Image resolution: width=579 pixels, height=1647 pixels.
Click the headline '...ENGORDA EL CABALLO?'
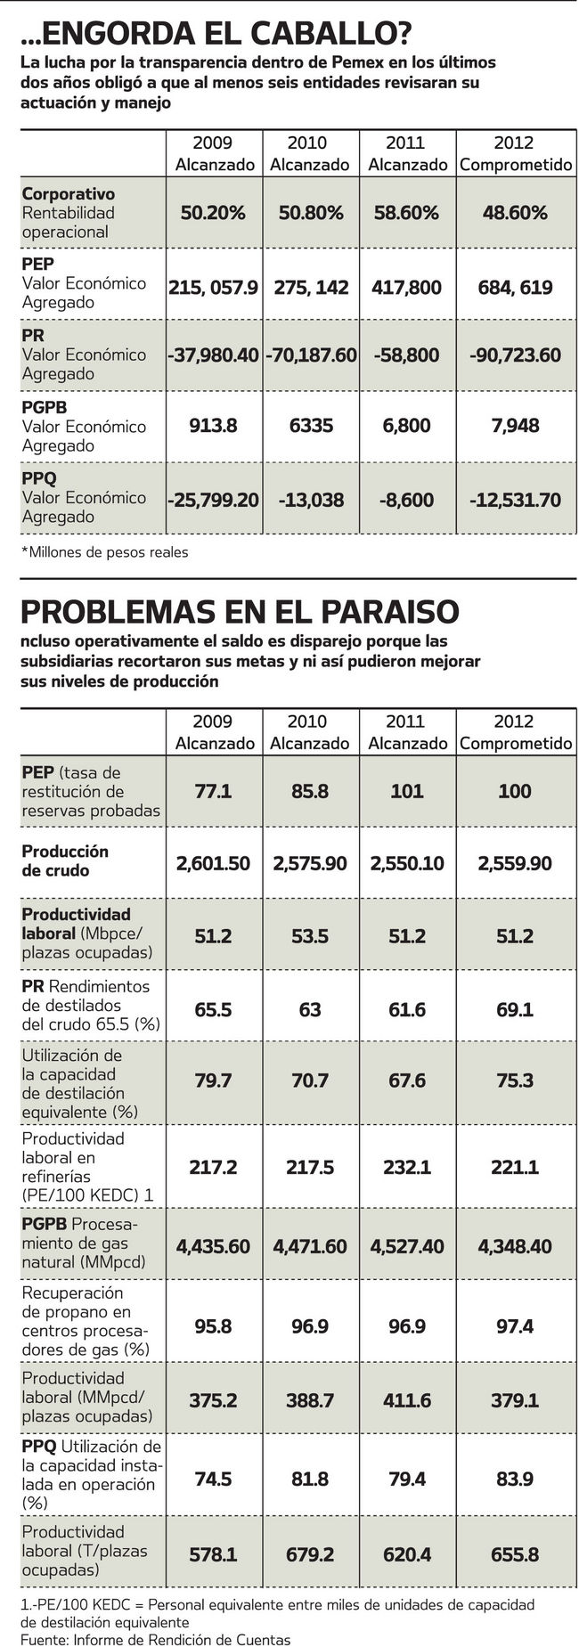pos(216,35)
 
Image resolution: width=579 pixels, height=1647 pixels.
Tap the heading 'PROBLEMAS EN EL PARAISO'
pos(240,612)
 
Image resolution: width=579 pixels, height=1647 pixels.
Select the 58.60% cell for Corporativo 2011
pos(407,213)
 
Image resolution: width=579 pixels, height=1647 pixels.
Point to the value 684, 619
pos(515,288)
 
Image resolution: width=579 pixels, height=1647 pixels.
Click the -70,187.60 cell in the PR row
pos(309,355)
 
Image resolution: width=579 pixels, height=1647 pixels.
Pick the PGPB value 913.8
pos(213,426)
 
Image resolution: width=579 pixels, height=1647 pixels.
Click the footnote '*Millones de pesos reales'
pos(105,552)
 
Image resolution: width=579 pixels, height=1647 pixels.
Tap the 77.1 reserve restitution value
pos(213,791)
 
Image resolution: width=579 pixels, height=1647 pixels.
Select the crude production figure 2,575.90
pos(309,863)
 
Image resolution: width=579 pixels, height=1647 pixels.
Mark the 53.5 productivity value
pos(309,934)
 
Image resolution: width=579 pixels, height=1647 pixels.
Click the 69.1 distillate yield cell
pos(515,1010)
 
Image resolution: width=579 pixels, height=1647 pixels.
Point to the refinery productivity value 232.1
pos(407,1167)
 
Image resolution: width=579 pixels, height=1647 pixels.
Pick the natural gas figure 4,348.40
pos(515,1246)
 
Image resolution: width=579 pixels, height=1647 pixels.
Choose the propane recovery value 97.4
pos(515,1326)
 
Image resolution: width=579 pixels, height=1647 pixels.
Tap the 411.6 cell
pos(407,1400)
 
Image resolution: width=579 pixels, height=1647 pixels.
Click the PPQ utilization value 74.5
pos(213,1479)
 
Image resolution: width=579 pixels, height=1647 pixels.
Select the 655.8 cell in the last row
pos(515,1554)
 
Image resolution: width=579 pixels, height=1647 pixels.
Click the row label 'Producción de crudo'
pos(65,860)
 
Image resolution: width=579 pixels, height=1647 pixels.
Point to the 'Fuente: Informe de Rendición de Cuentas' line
pos(156,1639)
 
